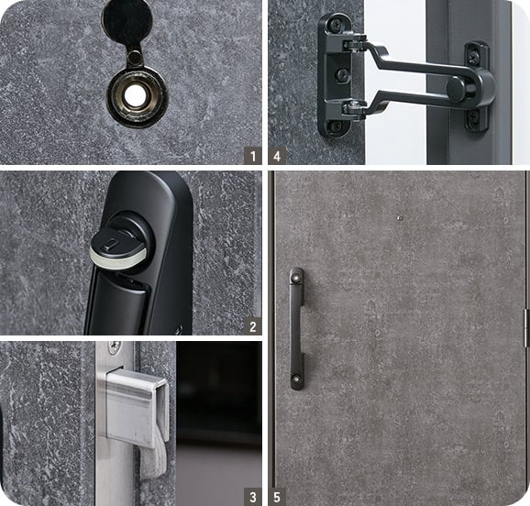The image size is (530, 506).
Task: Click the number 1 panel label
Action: point(252,156)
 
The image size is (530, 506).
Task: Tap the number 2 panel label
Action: point(252,326)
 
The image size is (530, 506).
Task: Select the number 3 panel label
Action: point(252,497)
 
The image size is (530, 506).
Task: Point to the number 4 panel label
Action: point(277,156)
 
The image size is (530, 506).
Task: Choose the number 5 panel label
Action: point(277,497)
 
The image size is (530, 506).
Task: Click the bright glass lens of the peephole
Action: point(135,96)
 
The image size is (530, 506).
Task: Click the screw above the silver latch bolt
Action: point(114,346)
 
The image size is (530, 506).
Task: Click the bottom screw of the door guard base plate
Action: point(336,126)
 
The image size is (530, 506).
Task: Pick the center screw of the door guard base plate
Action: point(342,74)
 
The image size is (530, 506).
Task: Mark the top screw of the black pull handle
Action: point(296,278)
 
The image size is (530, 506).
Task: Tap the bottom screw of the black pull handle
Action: point(296,379)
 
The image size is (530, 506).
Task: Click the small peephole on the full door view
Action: point(400,218)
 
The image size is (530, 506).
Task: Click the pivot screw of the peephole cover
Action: point(135,56)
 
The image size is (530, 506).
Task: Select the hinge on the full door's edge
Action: point(526,328)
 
